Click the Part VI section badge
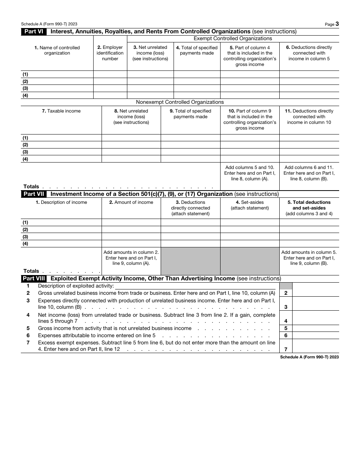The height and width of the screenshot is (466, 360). coord(33,31)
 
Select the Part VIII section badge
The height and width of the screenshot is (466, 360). coord(34,278)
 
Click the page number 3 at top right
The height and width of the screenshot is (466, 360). coord(337,24)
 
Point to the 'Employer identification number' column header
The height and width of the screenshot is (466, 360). coord(110,53)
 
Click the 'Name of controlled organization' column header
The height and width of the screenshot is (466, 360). coord(57,50)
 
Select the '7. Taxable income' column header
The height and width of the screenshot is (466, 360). coord(61,111)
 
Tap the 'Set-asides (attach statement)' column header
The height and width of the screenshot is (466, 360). coord(250,205)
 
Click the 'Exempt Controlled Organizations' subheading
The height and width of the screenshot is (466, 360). coord(233,39)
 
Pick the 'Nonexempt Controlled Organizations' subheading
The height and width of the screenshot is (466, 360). coord(180,102)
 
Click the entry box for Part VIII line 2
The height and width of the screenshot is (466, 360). coord(316,293)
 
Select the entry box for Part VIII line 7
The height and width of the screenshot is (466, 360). coord(316,346)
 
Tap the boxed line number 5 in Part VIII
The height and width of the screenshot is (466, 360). coord(286,328)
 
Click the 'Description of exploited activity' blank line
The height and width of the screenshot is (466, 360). coord(195,286)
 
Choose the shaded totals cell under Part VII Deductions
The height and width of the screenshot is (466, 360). coord(191,261)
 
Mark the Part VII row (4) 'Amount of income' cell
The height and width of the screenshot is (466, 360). coord(131,244)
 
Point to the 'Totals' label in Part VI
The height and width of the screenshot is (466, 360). coord(31,186)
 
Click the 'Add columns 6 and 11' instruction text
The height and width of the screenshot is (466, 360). coord(309,173)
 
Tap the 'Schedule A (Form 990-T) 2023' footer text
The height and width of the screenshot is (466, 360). coord(309,357)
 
